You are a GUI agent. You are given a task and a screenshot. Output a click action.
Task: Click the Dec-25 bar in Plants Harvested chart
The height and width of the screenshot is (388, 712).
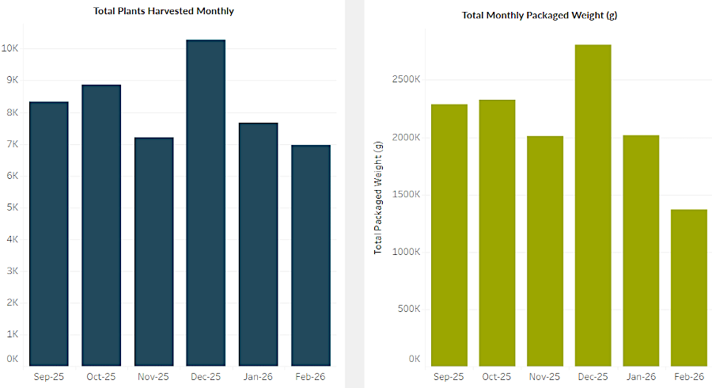tap(206, 203)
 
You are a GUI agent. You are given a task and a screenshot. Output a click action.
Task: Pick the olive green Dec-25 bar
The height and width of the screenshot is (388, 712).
tap(592, 205)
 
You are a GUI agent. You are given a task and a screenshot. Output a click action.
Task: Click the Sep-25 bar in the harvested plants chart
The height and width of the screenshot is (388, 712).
tap(48, 234)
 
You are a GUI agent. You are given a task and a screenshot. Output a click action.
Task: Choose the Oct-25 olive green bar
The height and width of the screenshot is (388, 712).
tap(496, 233)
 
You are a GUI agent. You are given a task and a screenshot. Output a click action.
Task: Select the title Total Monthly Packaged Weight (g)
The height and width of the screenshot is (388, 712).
tap(540, 15)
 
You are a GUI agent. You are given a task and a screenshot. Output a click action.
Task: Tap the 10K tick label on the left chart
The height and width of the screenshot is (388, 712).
tap(10, 48)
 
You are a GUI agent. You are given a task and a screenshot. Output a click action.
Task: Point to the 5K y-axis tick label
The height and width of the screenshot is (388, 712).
tap(13, 207)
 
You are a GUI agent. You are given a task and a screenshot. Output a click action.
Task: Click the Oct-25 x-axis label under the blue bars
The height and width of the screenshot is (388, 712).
tap(100, 377)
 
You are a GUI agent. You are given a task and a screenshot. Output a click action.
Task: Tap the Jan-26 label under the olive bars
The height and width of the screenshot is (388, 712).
tap(640, 377)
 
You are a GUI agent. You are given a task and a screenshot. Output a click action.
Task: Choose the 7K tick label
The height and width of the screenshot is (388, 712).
tap(13, 144)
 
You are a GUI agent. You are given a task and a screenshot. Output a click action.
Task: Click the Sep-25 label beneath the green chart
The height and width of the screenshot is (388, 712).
tap(449, 377)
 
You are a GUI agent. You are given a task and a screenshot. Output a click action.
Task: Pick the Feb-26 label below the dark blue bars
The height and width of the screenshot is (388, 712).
tap(309, 377)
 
